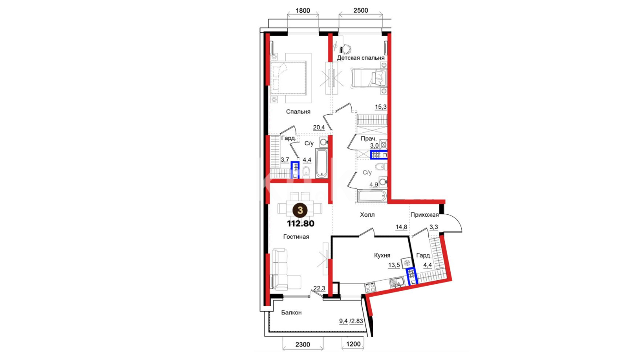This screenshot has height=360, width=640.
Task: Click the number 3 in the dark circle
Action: [300, 210]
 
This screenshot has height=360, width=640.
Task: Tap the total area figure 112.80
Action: [301, 224]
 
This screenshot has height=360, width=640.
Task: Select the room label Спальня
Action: [298, 112]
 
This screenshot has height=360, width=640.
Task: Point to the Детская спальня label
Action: [361, 58]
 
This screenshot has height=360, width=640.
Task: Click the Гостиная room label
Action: [296, 237]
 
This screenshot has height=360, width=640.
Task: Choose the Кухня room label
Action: [382, 255]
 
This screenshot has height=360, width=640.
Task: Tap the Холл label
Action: [367, 215]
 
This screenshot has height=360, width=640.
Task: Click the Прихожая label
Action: [424, 215]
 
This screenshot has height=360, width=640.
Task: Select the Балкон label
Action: [291, 313]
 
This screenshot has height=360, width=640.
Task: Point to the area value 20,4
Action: [319, 127]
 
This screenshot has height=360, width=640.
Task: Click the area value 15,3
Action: [381, 107]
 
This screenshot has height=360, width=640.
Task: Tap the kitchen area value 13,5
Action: [394, 265]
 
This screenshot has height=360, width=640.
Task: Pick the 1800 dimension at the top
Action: [303, 11]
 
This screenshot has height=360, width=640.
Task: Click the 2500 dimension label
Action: [361, 11]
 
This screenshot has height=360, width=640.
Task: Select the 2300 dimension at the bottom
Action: [303, 345]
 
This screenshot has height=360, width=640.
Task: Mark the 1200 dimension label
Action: [353, 344]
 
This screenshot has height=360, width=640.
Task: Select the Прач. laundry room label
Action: [368, 139]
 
